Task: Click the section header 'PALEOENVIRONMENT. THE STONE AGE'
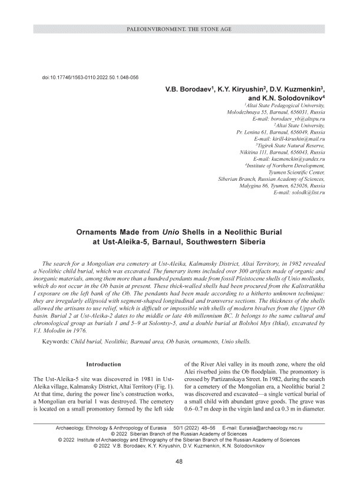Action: point(180,29)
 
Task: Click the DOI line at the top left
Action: point(90,77)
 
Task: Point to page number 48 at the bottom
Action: point(180,462)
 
